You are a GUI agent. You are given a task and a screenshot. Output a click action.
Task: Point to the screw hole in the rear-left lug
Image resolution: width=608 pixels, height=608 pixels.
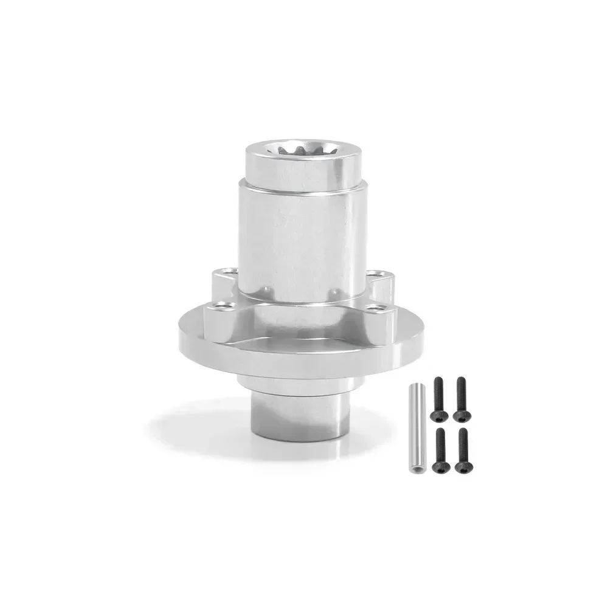pos(227,271)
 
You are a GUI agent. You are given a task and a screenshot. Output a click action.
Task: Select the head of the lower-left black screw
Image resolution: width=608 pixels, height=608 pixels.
pos(439,466)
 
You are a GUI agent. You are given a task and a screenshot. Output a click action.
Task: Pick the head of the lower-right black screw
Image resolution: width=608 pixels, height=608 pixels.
pos(463,466)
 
